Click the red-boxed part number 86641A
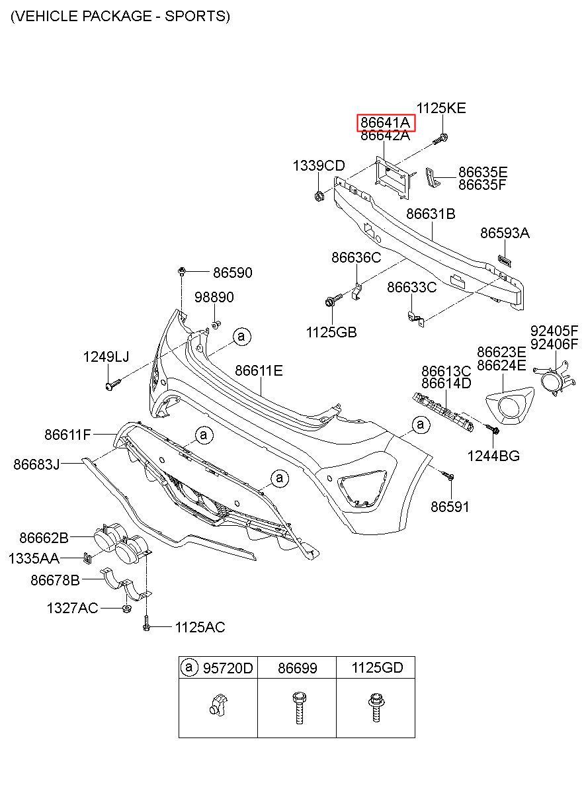386,122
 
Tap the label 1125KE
441,108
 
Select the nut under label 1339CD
319,196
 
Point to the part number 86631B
431,214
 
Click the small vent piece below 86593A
505,261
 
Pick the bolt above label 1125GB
333,300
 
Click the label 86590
233,273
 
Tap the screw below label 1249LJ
113,384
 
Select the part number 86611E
259,370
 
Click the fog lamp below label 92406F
554,379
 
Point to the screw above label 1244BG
492,429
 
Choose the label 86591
450,507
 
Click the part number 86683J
36,464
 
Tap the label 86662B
44,538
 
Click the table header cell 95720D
218,667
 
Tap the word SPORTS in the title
197,16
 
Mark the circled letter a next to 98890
242,337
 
